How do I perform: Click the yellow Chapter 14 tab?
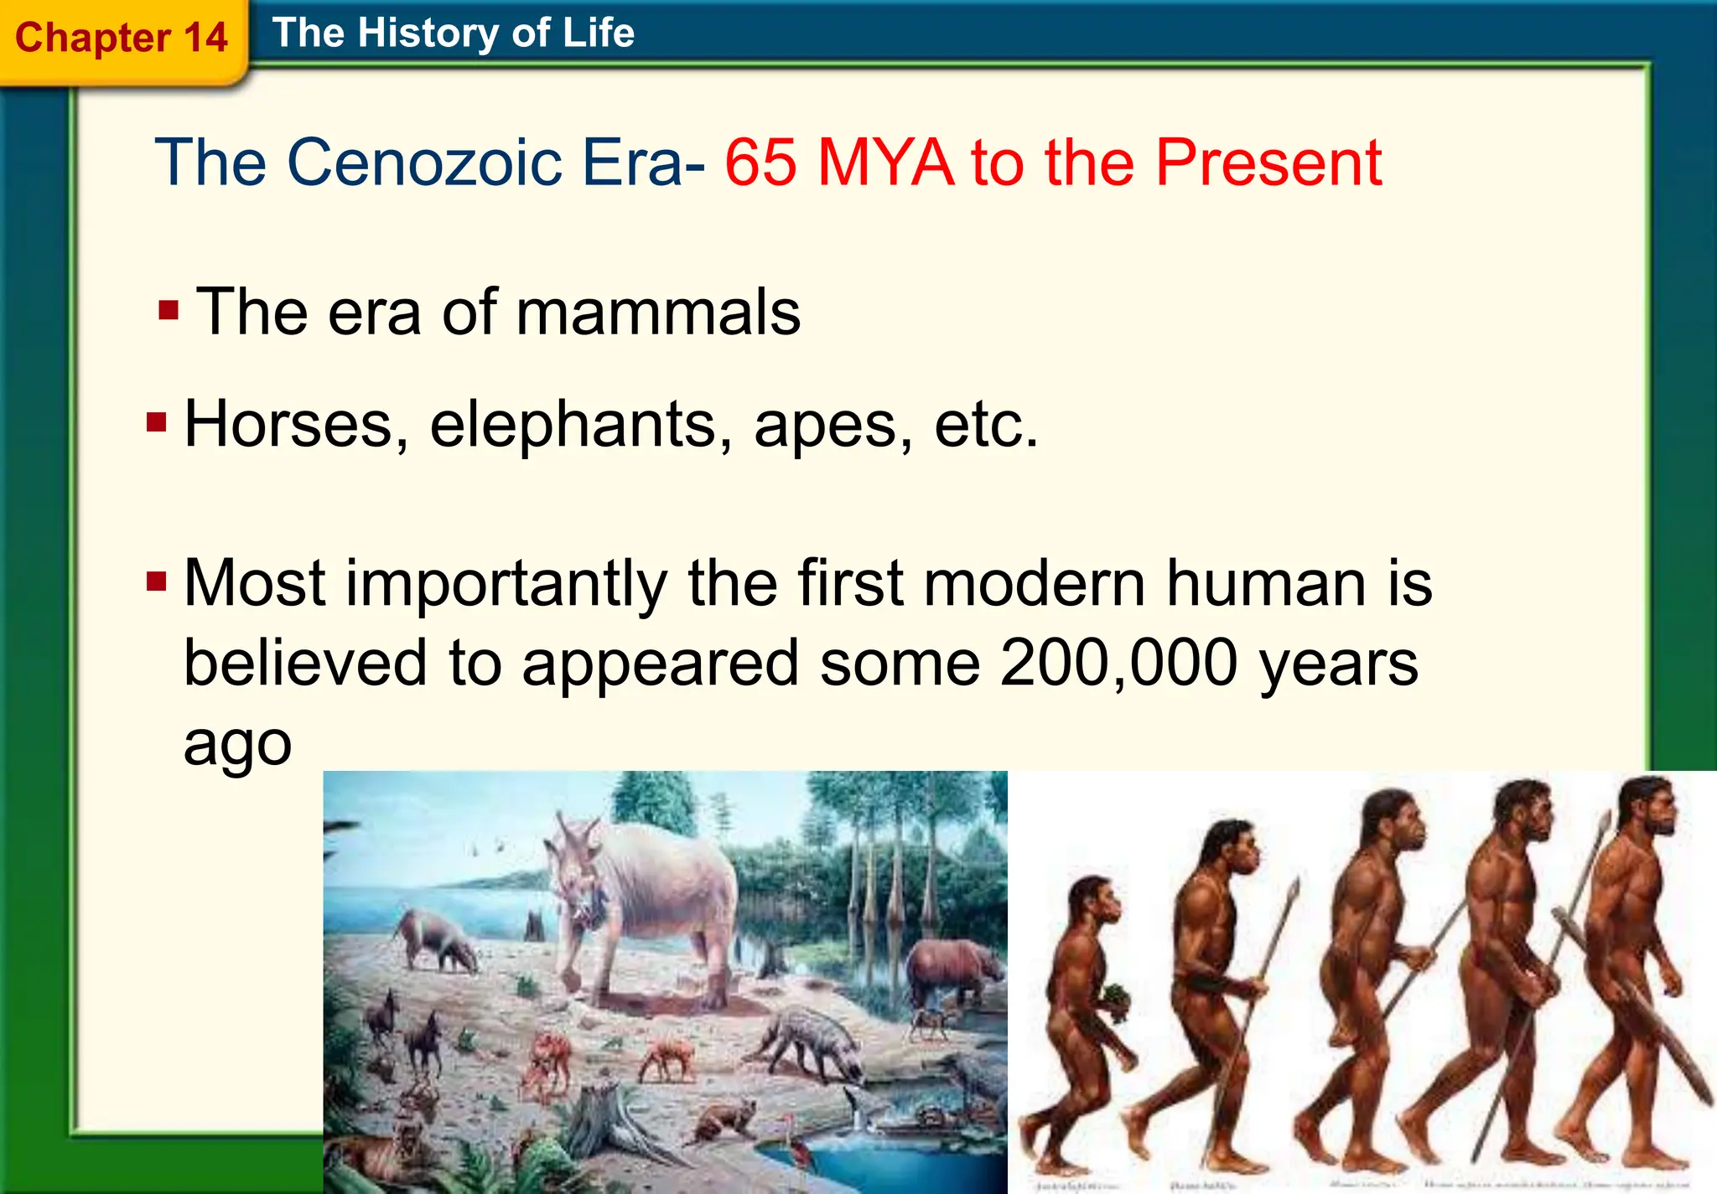122,39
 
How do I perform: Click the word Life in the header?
598,34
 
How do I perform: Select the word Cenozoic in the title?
424,163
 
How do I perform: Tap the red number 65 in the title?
760,163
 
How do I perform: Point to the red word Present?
1268,163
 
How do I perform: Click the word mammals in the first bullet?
658,312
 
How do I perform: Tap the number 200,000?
1118,662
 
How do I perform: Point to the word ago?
237,743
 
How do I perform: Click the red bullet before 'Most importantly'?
157,581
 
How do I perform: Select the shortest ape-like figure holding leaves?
1086,1014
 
